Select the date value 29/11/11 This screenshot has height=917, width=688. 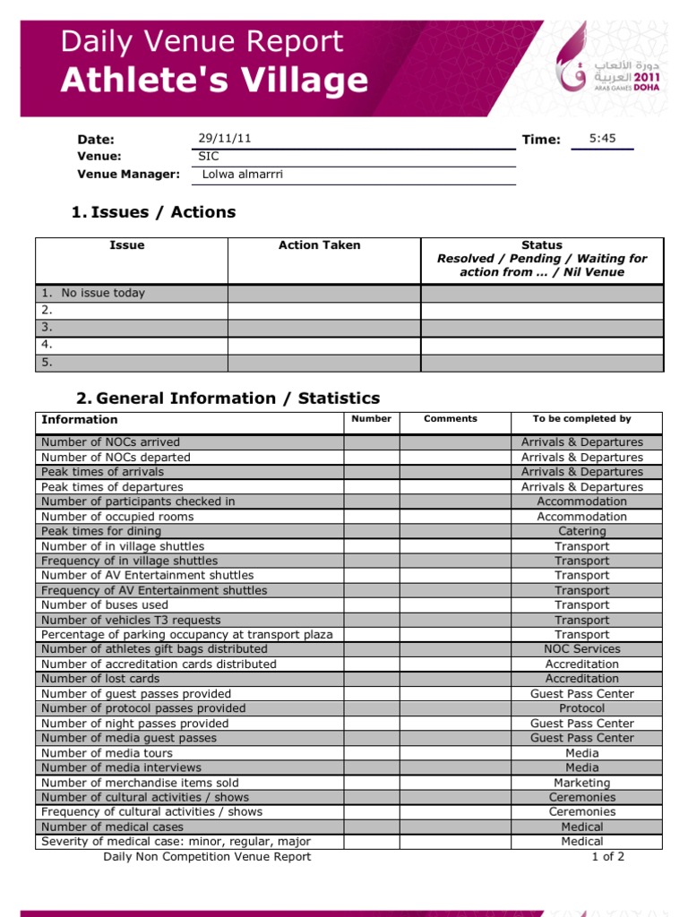[x=224, y=139]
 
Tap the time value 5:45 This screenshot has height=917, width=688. [x=602, y=139]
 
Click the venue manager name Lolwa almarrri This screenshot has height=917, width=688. [x=243, y=175]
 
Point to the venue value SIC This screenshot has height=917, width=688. [x=208, y=156]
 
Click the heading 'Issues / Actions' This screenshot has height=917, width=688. [x=153, y=212]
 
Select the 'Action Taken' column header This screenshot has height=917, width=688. [x=320, y=245]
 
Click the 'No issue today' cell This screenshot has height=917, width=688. [x=102, y=293]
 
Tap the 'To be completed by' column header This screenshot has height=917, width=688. [x=581, y=419]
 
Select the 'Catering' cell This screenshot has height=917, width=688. [x=581, y=531]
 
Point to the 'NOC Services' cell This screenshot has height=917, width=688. [x=581, y=649]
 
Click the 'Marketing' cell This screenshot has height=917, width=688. [x=581, y=783]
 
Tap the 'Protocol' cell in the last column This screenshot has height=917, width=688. [x=581, y=708]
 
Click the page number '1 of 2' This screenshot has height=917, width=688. [x=607, y=857]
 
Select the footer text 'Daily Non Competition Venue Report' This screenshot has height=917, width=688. [x=207, y=857]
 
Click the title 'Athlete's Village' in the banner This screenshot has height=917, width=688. [x=214, y=81]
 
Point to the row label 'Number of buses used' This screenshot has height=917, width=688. [x=105, y=605]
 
